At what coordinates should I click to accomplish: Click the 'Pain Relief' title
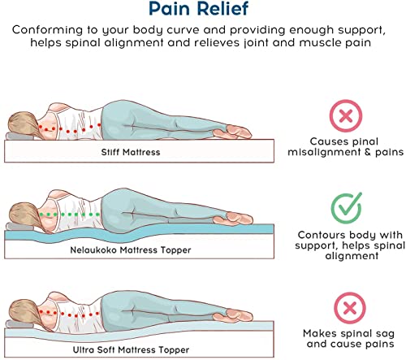[x=198, y=9]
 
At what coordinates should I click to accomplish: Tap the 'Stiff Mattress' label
[x=131, y=152]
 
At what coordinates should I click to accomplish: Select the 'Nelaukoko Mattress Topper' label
[x=131, y=249]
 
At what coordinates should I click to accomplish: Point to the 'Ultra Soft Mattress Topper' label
[x=131, y=349]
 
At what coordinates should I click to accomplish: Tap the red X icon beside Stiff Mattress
[x=346, y=116]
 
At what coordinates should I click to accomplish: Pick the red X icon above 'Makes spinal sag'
[x=350, y=308]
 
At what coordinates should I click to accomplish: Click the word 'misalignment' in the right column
[x=324, y=152]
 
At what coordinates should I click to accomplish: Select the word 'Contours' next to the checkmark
[x=317, y=235]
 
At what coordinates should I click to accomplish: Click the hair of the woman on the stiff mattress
[x=22, y=125]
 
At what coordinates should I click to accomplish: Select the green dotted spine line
[x=70, y=215]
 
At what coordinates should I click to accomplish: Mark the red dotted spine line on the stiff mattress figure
[x=70, y=128]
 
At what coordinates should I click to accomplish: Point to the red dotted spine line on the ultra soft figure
[x=70, y=314]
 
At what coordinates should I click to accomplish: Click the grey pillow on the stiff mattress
[x=19, y=137]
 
